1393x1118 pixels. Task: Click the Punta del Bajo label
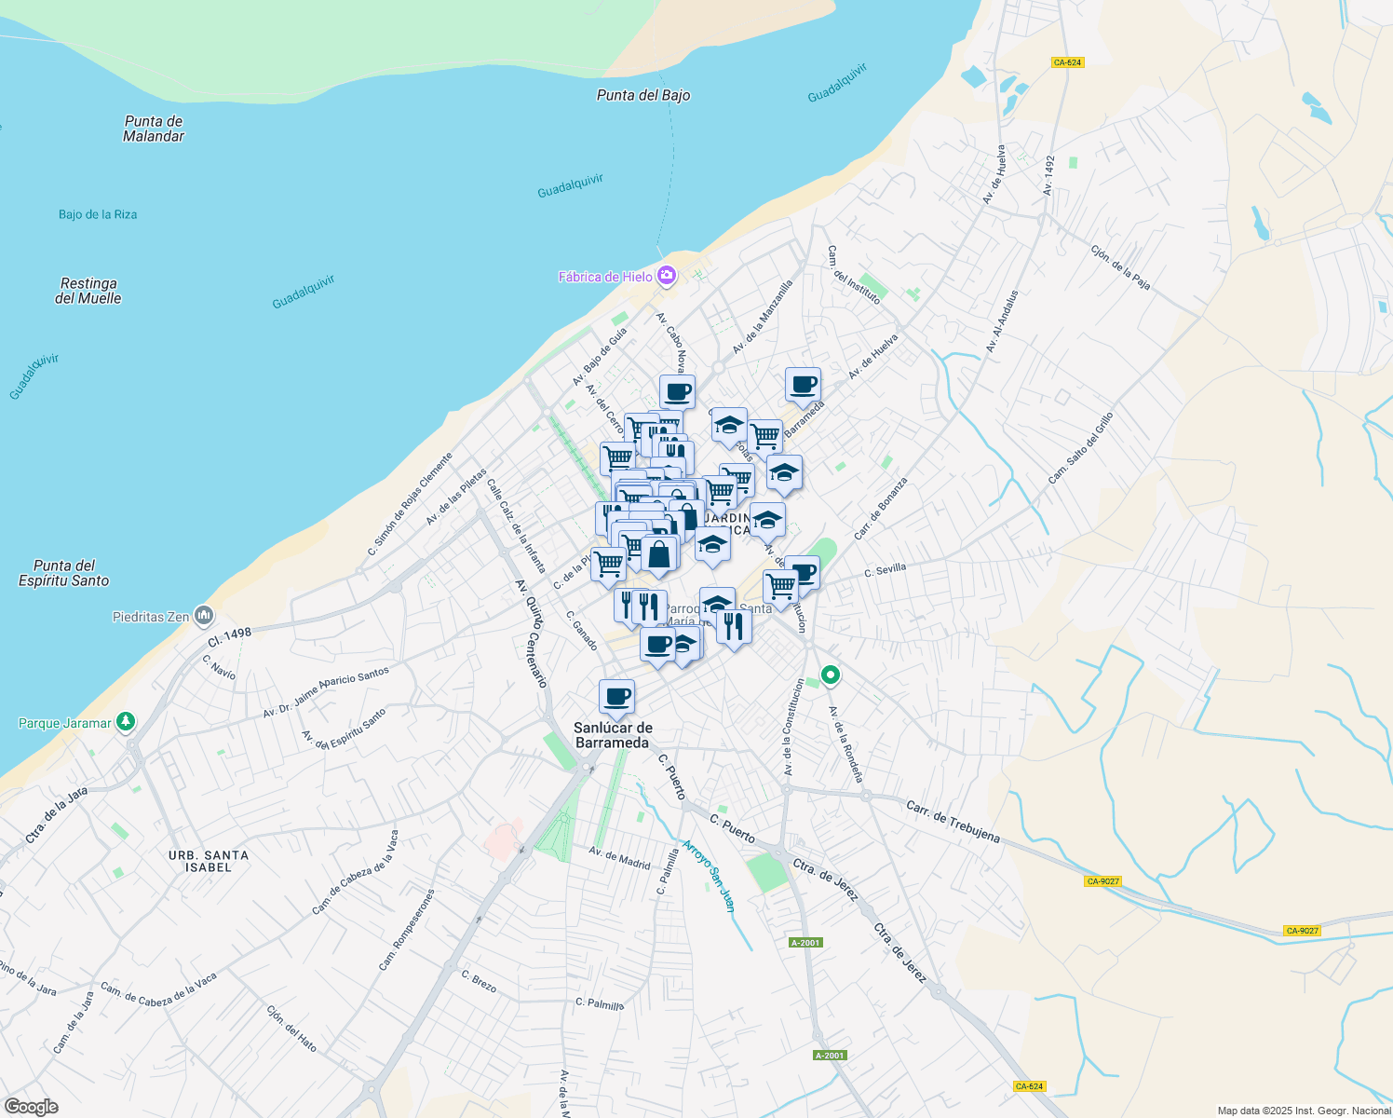pyautogui.click(x=643, y=95)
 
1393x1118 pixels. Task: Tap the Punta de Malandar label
pyautogui.click(x=154, y=129)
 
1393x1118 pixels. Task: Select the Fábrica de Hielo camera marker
pyautogui.click(x=666, y=276)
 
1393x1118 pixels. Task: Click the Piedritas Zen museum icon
pyautogui.click(x=204, y=616)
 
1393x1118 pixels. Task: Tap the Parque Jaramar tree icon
pyautogui.click(x=126, y=722)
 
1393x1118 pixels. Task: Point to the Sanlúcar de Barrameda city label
pyautogui.click(x=613, y=735)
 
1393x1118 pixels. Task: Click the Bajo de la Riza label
pyautogui.click(x=98, y=214)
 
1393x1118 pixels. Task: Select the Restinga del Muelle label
pyautogui.click(x=88, y=291)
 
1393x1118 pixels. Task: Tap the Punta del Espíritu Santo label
pyautogui.click(x=64, y=573)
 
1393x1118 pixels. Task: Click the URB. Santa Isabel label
pyautogui.click(x=209, y=861)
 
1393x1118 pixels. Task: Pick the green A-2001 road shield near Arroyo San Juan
pyautogui.click(x=805, y=943)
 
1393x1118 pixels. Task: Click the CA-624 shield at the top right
pyautogui.click(x=1067, y=62)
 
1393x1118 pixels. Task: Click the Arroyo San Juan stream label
pyautogui.click(x=709, y=876)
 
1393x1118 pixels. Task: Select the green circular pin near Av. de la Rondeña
pyautogui.click(x=830, y=675)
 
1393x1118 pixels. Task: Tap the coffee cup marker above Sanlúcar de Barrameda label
pyautogui.click(x=616, y=696)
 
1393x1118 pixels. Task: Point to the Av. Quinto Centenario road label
pyautogui.click(x=531, y=634)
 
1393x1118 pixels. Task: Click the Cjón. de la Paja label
pyautogui.click(x=1120, y=267)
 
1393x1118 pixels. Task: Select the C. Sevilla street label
pyautogui.click(x=885, y=570)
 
